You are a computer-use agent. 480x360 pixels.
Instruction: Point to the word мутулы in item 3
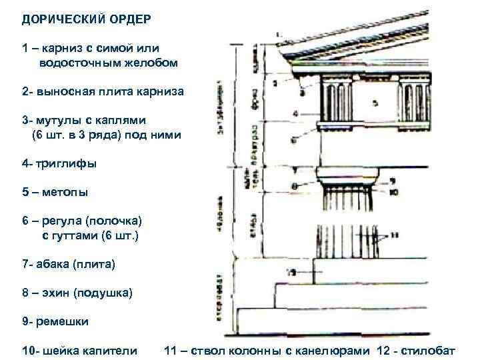click(57, 121)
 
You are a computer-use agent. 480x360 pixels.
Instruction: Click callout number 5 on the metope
click(375, 102)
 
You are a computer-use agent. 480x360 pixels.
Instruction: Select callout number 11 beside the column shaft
click(395, 235)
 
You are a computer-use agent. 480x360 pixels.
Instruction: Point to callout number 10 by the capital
click(394, 192)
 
